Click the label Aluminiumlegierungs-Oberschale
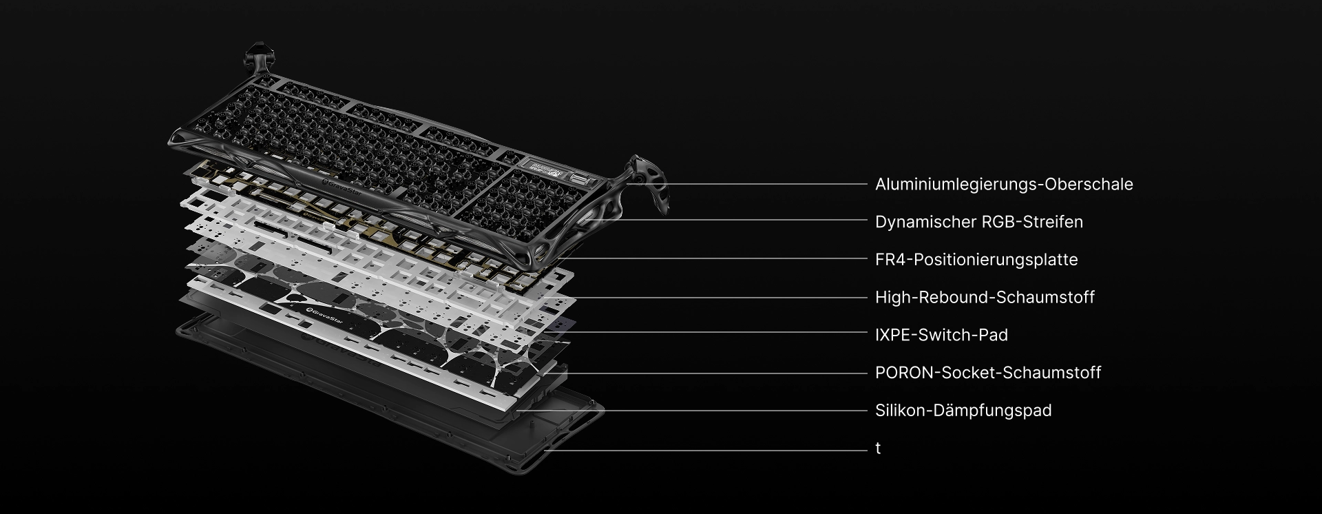pyautogui.click(x=1004, y=185)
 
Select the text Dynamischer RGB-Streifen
pyautogui.click(x=979, y=222)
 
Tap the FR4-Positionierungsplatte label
pyautogui.click(x=976, y=260)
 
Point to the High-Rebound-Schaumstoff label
pyautogui.click(x=985, y=298)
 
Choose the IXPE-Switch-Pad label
pyautogui.click(x=941, y=335)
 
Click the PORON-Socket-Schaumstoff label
pyautogui.click(x=988, y=373)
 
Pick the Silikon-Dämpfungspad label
pyautogui.click(x=963, y=411)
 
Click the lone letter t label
pyautogui.click(x=878, y=448)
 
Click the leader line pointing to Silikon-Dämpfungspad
pyautogui.click(x=691, y=411)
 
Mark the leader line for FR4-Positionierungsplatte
pyautogui.click(x=712, y=259)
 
